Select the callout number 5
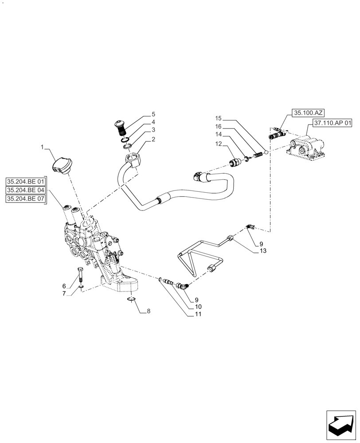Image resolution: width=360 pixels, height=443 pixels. click(153, 114)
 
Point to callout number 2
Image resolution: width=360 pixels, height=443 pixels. click(153, 140)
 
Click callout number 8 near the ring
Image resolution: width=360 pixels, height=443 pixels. click(149, 311)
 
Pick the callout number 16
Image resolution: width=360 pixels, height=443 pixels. click(218, 126)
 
